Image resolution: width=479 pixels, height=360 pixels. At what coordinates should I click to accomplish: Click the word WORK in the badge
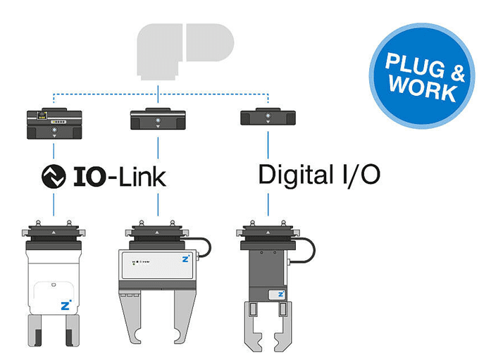[x=422, y=89]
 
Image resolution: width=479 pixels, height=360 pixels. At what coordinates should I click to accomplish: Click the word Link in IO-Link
[x=137, y=175]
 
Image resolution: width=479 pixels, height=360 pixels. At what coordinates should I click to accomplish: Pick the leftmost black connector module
[x=54, y=123]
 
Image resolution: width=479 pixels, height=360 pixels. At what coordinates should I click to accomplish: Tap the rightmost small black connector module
[x=268, y=117]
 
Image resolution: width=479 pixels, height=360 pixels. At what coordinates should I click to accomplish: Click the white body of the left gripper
[x=54, y=282]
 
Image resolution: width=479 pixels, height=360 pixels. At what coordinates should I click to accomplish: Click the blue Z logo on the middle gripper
[x=184, y=260]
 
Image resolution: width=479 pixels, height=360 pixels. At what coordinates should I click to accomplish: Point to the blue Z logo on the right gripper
[x=280, y=294]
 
